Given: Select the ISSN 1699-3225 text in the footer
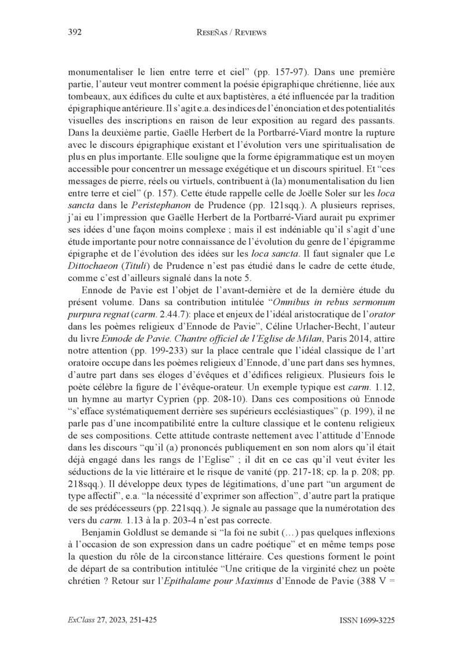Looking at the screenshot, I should (x=367, y=620).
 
